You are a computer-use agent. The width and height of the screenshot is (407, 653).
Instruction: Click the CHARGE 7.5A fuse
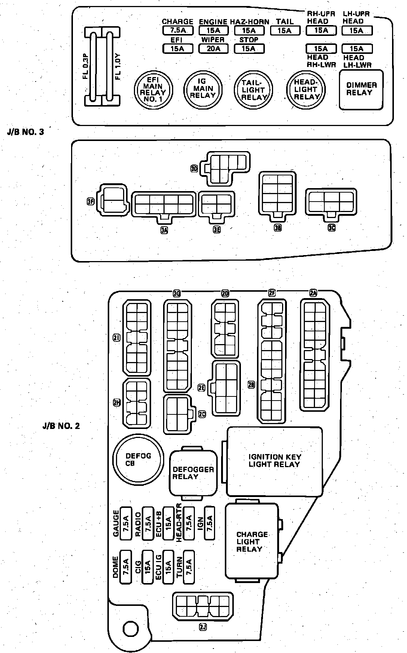[x=178, y=30]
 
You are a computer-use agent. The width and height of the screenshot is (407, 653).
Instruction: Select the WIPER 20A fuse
[x=213, y=48]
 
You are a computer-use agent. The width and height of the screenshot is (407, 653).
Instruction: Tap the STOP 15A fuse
[x=249, y=48]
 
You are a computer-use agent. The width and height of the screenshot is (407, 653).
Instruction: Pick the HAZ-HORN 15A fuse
[x=249, y=30]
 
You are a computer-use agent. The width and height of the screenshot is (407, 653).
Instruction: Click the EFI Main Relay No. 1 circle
[x=154, y=89]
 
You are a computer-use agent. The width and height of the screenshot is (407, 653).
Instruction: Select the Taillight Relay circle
[x=254, y=90]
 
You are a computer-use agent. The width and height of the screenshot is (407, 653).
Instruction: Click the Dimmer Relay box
[x=361, y=89]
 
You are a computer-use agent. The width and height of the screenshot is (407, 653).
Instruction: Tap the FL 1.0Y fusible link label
[x=118, y=66]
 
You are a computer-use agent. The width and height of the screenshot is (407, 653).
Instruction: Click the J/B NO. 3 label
[x=25, y=132]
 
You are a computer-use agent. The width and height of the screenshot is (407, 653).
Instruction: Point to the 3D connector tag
[x=194, y=169]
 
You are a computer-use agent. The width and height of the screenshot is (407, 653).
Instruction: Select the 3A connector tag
[x=164, y=230]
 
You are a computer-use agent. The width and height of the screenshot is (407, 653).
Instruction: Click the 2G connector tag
[x=177, y=294]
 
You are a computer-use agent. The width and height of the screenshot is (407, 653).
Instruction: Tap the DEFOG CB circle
[x=138, y=459]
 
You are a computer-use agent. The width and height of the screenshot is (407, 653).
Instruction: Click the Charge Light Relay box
[x=252, y=541]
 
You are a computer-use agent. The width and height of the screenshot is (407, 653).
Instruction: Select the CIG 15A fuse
[x=148, y=567]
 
